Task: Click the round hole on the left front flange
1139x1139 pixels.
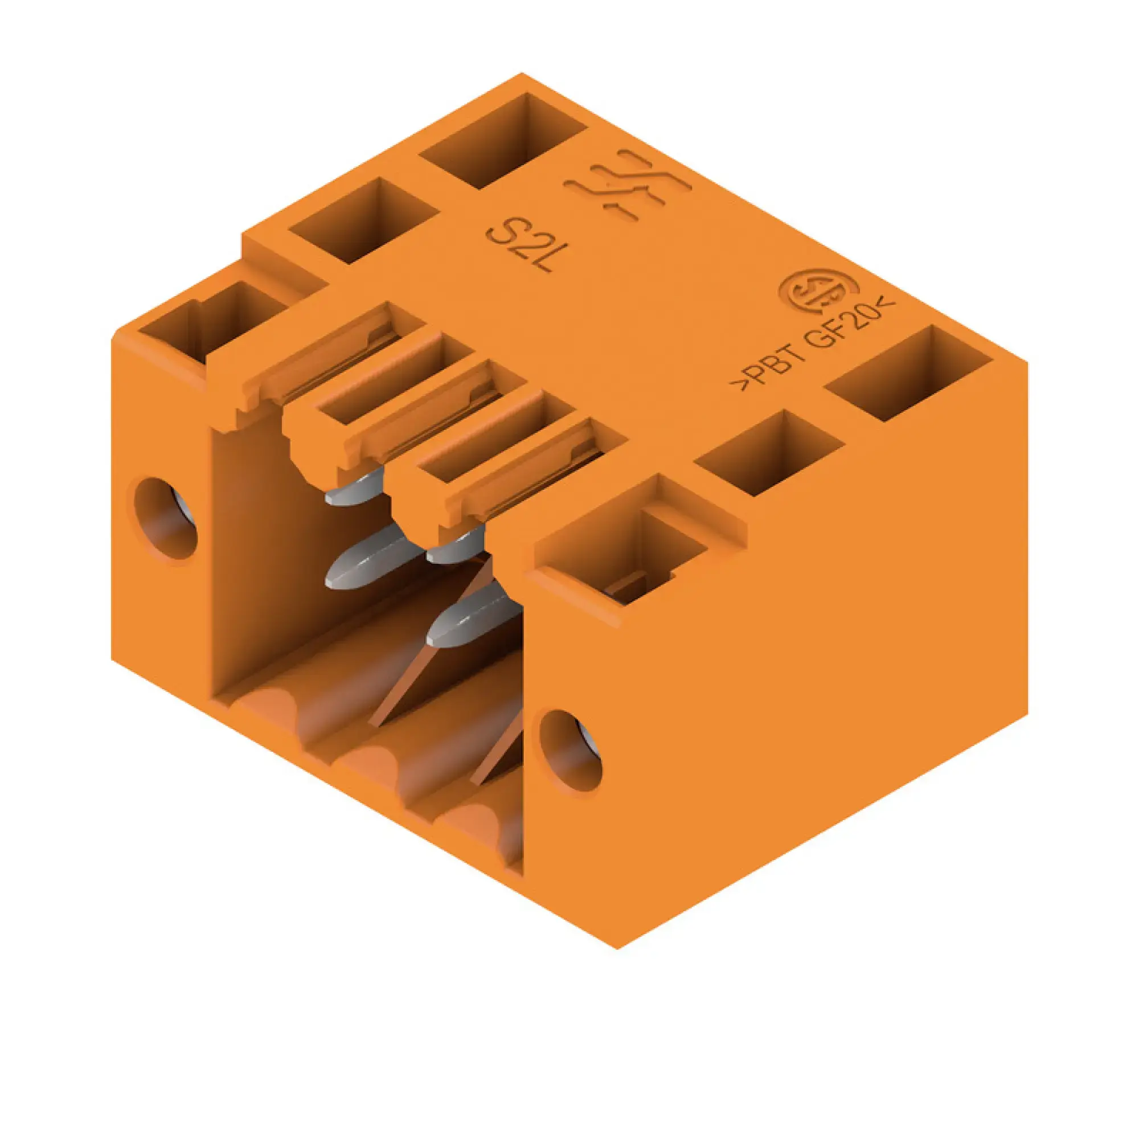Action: coord(166,518)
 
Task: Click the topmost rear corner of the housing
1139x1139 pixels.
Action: coord(521,73)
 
